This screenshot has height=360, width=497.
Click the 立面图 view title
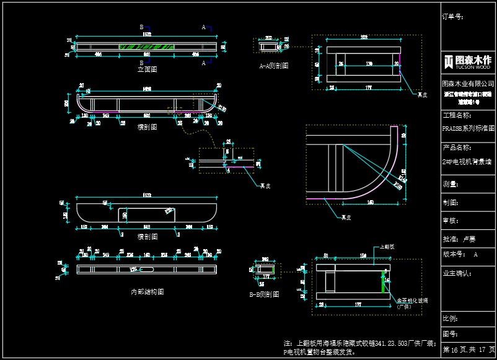click(x=147, y=69)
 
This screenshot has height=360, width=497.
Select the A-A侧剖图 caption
click(x=273, y=66)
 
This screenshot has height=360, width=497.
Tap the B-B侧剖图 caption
click(x=265, y=294)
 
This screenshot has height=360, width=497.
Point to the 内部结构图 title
click(x=147, y=291)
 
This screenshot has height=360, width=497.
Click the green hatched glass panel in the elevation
click(x=147, y=46)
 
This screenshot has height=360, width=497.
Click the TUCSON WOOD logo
click(x=468, y=61)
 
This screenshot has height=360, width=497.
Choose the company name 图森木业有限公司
click(x=468, y=83)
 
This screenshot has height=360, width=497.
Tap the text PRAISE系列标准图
click(x=468, y=128)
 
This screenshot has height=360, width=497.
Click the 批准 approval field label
click(x=451, y=239)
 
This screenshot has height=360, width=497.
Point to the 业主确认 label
click(x=456, y=273)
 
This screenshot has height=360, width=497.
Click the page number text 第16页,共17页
click(x=468, y=350)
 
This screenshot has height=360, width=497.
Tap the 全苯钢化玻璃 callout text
click(x=412, y=300)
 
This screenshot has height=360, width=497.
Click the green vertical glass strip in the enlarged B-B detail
click(x=382, y=282)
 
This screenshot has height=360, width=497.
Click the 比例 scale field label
click(x=451, y=318)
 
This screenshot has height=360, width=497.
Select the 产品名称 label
click(x=457, y=147)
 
